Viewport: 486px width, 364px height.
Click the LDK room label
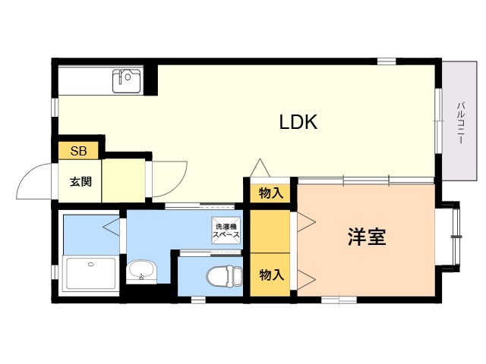click(298, 122)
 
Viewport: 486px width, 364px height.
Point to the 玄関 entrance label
click(81, 182)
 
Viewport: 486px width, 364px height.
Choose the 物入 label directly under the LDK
click(270, 193)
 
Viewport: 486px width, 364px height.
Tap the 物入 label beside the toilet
click(271, 274)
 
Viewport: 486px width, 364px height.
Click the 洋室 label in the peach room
click(367, 237)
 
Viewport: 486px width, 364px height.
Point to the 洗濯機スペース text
click(226, 231)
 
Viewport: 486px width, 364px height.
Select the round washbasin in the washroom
click(140, 269)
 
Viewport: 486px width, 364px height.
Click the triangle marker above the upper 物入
click(260, 167)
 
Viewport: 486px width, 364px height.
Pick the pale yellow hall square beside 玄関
click(123, 180)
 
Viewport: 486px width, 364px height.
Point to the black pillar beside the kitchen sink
click(151, 80)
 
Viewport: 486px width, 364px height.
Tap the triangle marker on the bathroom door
click(111, 225)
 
